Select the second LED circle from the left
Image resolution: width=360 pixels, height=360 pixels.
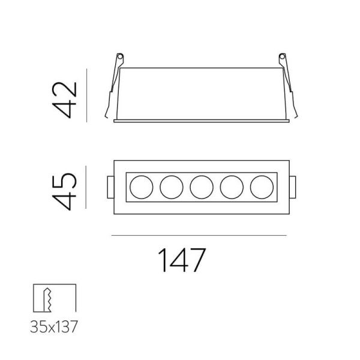click(171, 187)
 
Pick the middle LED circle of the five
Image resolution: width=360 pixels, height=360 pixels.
click(202, 187)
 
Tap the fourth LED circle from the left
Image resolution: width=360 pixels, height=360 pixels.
click(232, 187)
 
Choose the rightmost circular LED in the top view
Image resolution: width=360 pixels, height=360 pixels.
click(262, 187)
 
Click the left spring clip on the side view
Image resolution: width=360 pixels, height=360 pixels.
click(112, 90)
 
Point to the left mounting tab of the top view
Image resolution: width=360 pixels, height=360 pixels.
click(109, 188)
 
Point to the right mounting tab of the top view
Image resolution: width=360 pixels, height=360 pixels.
click(293, 188)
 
